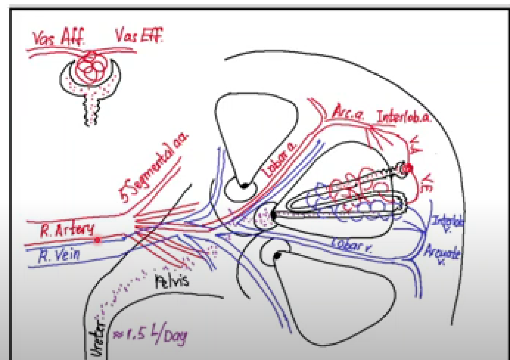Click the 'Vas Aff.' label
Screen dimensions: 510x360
point(57,39)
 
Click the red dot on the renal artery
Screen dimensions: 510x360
point(98,240)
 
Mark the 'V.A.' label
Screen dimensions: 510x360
point(415,147)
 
